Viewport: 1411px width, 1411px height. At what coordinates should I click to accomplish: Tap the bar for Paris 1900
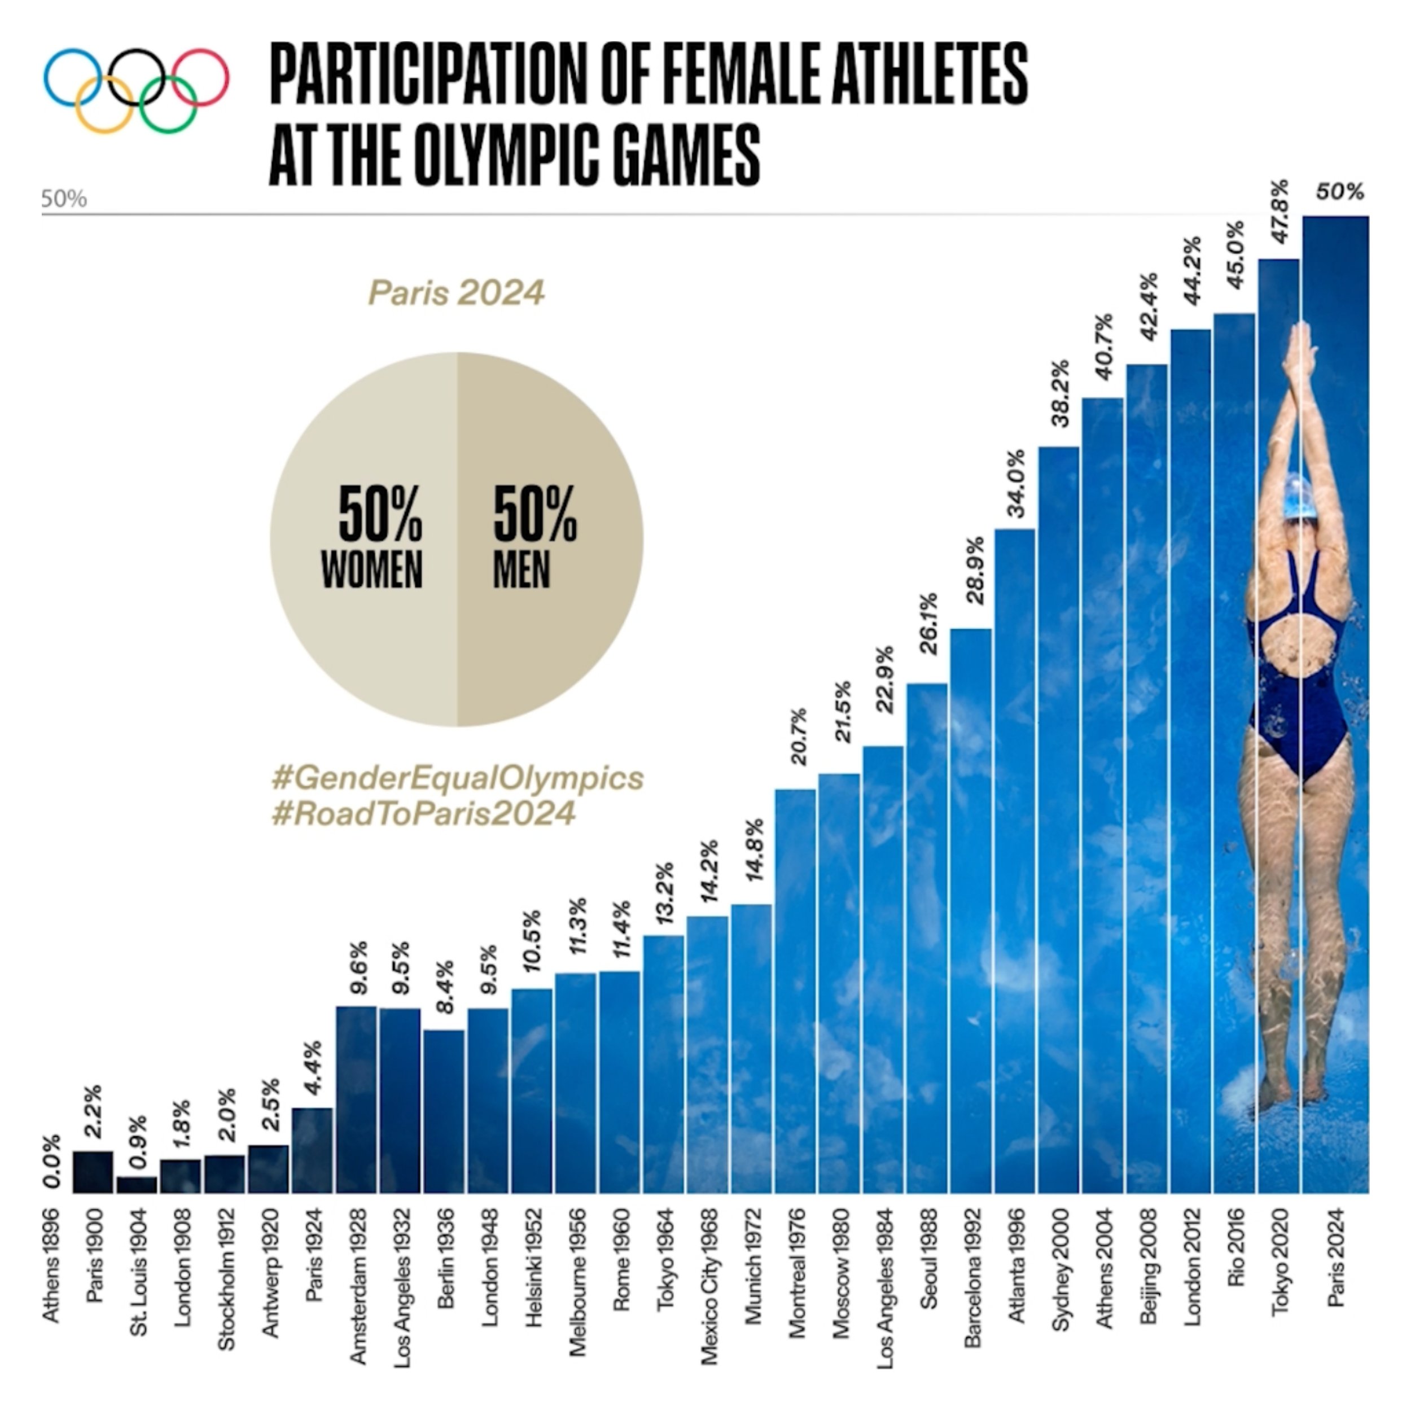click(x=93, y=1172)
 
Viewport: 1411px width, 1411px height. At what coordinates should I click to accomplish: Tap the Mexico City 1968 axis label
click(x=709, y=1285)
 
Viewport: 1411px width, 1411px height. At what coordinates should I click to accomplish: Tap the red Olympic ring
click(x=200, y=77)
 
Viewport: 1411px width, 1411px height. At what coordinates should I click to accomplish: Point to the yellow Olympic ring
click(x=104, y=104)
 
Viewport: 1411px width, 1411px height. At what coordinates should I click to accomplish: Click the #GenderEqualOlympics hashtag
click(x=457, y=778)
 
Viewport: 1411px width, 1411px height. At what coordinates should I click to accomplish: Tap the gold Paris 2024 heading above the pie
click(x=457, y=293)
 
